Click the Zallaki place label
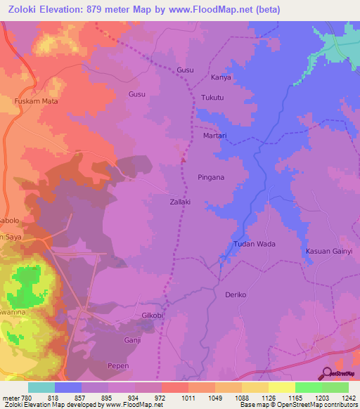[180, 201]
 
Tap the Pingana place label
[211, 177]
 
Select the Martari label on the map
[214, 135]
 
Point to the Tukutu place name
[213, 98]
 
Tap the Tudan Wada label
[254, 245]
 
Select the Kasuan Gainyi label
[328, 252]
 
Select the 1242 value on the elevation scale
[348, 398]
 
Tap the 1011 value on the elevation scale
[188, 398]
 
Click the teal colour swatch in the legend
[41, 387]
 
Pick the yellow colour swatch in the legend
[282, 387]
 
